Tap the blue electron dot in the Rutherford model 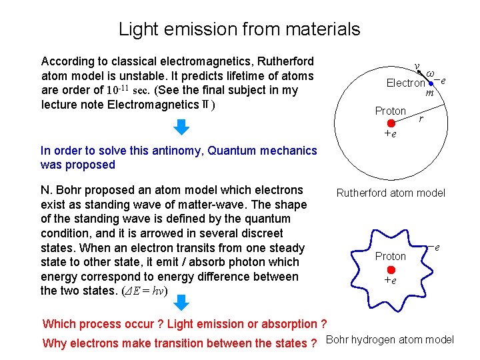(x=432, y=84)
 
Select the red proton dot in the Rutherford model (x=391, y=123)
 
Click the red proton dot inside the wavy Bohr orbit (x=391, y=269)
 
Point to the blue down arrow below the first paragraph (x=181, y=127)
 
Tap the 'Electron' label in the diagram (x=406, y=83)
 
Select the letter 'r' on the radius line (x=420, y=120)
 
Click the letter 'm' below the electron (x=430, y=93)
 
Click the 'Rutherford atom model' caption (x=391, y=193)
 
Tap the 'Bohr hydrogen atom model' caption (x=390, y=340)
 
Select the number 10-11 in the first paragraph (x=118, y=90)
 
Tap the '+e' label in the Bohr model (x=390, y=281)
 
